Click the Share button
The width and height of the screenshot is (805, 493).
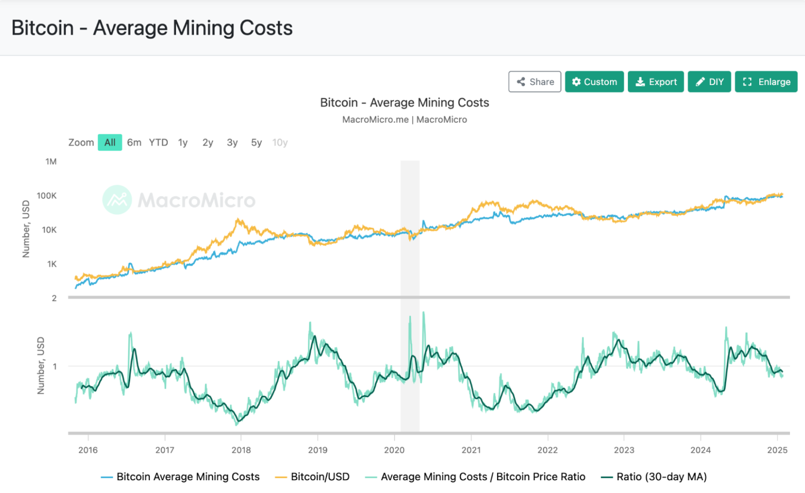point(535,82)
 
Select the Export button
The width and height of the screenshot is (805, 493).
point(656,82)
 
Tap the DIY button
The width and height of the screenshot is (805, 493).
point(710,82)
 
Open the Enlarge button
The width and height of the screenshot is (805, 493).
point(766,82)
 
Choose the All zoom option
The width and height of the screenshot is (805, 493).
point(110,142)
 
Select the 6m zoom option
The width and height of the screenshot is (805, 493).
point(134,142)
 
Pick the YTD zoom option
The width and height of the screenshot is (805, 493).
point(159,142)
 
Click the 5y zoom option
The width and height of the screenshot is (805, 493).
point(256,142)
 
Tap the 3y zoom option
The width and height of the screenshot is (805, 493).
point(232,142)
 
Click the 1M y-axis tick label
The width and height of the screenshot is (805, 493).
point(51,161)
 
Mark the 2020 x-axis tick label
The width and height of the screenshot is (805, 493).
point(394,450)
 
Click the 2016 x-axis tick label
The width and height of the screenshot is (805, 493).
point(88,450)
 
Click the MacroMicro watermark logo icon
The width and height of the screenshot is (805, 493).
point(117,200)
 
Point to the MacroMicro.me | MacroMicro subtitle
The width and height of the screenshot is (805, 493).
point(405,120)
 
